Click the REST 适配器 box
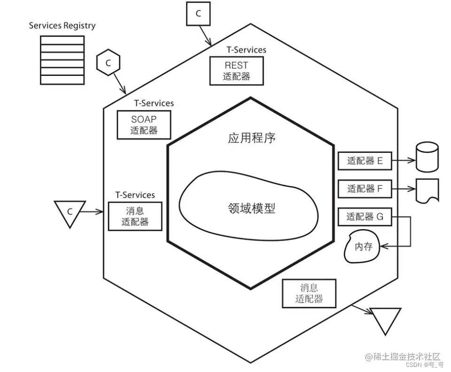tap(236, 71)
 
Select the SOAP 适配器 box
tap(144, 124)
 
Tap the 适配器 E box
tap(365, 161)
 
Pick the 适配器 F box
tap(365, 189)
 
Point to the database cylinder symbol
tap(427, 157)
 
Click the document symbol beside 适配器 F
tap(427, 190)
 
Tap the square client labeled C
tap(198, 14)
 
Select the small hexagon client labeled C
tap(108, 64)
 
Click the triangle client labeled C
tap(70, 211)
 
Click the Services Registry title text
tap(62, 25)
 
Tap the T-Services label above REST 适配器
tap(246, 50)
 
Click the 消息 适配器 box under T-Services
tap(135, 216)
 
